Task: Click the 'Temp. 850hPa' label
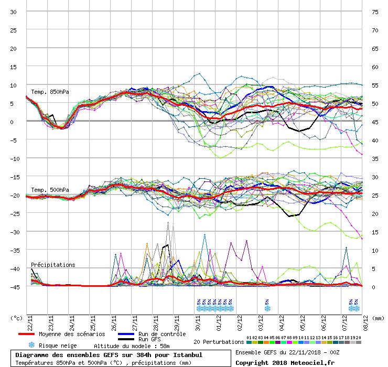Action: (x=50, y=92)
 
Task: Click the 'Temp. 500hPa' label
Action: (x=50, y=190)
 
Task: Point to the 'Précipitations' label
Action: (x=53, y=265)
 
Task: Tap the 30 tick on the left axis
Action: (x=14, y=12)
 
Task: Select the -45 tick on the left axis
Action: (x=14, y=287)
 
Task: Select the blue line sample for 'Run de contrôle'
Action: (x=127, y=334)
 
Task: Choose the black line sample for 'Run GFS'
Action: (x=127, y=340)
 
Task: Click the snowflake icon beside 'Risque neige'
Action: (x=31, y=345)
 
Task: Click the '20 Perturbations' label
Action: (x=219, y=342)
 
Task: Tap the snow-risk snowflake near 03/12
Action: (x=267, y=308)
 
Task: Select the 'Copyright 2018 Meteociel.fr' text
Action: (x=285, y=362)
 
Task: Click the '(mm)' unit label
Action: (x=377, y=318)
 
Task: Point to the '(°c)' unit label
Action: (x=16, y=318)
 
